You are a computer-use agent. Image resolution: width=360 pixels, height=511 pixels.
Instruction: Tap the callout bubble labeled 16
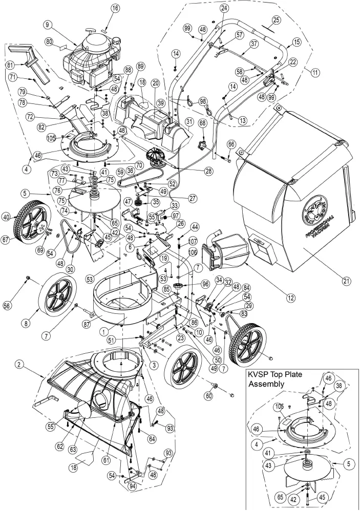point(115,8)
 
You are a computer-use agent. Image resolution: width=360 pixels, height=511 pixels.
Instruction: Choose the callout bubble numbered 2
point(18,365)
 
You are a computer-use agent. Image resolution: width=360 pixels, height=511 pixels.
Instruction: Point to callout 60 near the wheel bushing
point(208,396)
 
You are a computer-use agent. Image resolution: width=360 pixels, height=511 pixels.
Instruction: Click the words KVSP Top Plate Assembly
point(277,379)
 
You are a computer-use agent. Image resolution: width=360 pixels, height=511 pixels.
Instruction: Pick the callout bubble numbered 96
point(205,283)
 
